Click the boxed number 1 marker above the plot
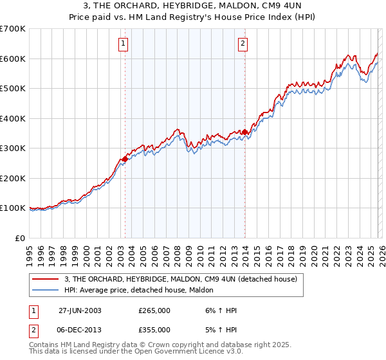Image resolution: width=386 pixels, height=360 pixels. [x=123, y=44]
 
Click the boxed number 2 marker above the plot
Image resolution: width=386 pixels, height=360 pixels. [x=243, y=44]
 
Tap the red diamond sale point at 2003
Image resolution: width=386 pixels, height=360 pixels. [x=125, y=159]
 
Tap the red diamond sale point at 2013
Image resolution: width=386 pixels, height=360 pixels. [x=244, y=132]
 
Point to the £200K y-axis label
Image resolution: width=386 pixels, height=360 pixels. [x=13, y=178]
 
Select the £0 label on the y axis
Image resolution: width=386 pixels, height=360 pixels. [x=19, y=238]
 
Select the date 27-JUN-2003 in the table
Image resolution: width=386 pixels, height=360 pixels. [x=80, y=310]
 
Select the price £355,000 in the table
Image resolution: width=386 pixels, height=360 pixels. [x=154, y=329]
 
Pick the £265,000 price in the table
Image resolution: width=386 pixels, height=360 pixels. [x=154, y=310]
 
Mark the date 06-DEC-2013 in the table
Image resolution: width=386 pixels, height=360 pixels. [x=80, y=329]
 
